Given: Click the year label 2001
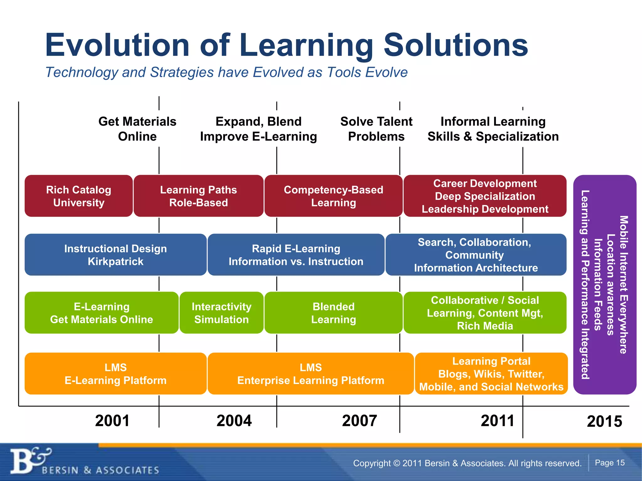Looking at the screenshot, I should [112, 421].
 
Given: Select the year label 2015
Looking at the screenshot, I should [604, 421].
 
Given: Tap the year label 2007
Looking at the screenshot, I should [359, 421].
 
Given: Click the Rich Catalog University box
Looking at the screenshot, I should [78, 196].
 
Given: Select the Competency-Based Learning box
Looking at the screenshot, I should [333, 196].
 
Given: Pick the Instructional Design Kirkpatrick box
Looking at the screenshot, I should [115, 255].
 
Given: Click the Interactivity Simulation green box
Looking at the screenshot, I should [221, 313].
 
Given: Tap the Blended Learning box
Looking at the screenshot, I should [333, 313].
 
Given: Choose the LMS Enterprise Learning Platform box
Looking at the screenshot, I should [310, 374].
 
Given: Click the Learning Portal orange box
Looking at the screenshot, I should [491, 374].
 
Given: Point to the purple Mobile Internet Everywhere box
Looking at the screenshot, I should [604, 284].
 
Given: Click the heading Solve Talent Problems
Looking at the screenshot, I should [376, 129].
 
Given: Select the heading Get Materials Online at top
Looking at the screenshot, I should [137, 129].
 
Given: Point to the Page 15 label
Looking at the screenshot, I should [610, 463].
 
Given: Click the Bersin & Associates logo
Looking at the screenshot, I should [85, 462].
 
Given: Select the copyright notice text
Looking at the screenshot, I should [467, 463].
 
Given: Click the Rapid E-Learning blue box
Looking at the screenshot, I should [296, 255].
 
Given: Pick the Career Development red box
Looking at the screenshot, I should [485, 196].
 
